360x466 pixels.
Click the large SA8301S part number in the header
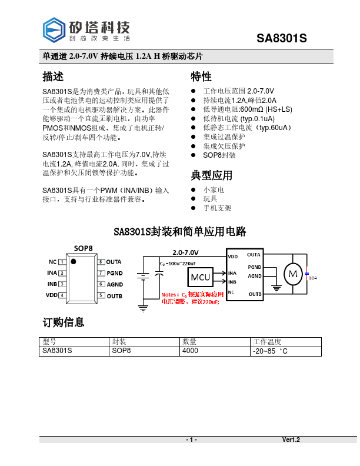(282, 38)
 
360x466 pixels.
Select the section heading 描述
(53, 76)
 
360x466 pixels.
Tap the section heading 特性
(201, 76)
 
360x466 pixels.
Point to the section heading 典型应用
(211, 175)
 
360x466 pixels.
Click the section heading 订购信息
(63, 322)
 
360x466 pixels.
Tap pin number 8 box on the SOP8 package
(101, 262)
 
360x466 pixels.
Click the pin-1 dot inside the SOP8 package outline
(74, 261)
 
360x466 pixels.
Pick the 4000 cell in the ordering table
(191, 351)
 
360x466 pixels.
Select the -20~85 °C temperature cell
(271, 351)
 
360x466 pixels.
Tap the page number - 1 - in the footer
(191, 440)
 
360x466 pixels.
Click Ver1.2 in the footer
(291, 440)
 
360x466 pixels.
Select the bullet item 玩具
(210, 199)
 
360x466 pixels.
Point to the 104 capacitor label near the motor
(313, 277)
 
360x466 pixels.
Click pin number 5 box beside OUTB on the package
(101, 295)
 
